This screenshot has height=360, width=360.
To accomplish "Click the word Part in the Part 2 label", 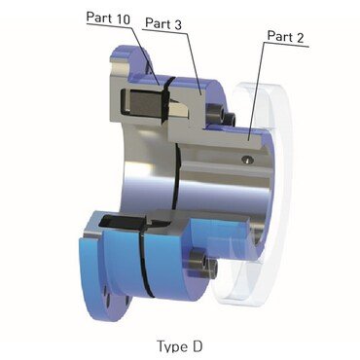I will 280,36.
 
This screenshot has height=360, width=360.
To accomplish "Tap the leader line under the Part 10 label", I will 107,26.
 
